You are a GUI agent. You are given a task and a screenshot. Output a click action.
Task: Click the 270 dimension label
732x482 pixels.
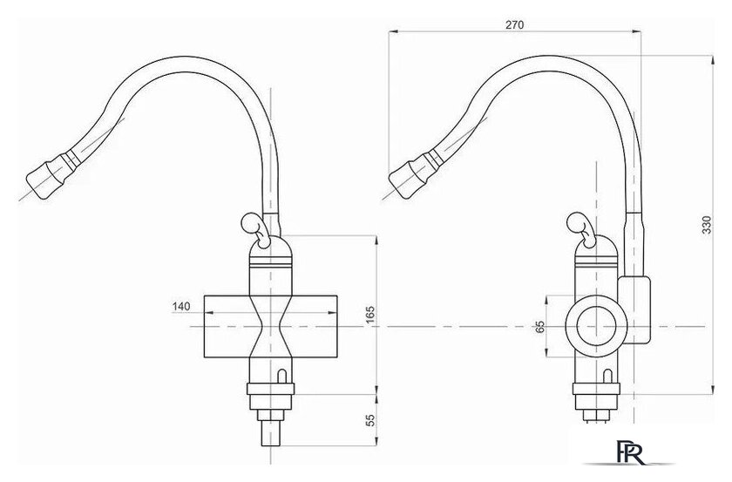point(514,24)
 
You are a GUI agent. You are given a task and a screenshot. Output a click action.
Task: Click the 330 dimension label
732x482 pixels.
point(707,225)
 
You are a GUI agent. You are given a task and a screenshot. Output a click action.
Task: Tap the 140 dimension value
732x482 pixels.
point(181,307)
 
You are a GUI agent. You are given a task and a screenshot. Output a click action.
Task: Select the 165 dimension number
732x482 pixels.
point(369,316)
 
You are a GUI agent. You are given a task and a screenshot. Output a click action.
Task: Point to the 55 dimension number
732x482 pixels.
point(369,420)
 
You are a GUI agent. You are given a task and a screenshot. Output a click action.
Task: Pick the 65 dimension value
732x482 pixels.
point(539,327)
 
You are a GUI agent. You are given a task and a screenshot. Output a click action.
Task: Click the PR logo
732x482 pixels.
point(630,451)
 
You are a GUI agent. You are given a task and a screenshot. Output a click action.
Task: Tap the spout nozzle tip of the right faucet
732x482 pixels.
point(402,180)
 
